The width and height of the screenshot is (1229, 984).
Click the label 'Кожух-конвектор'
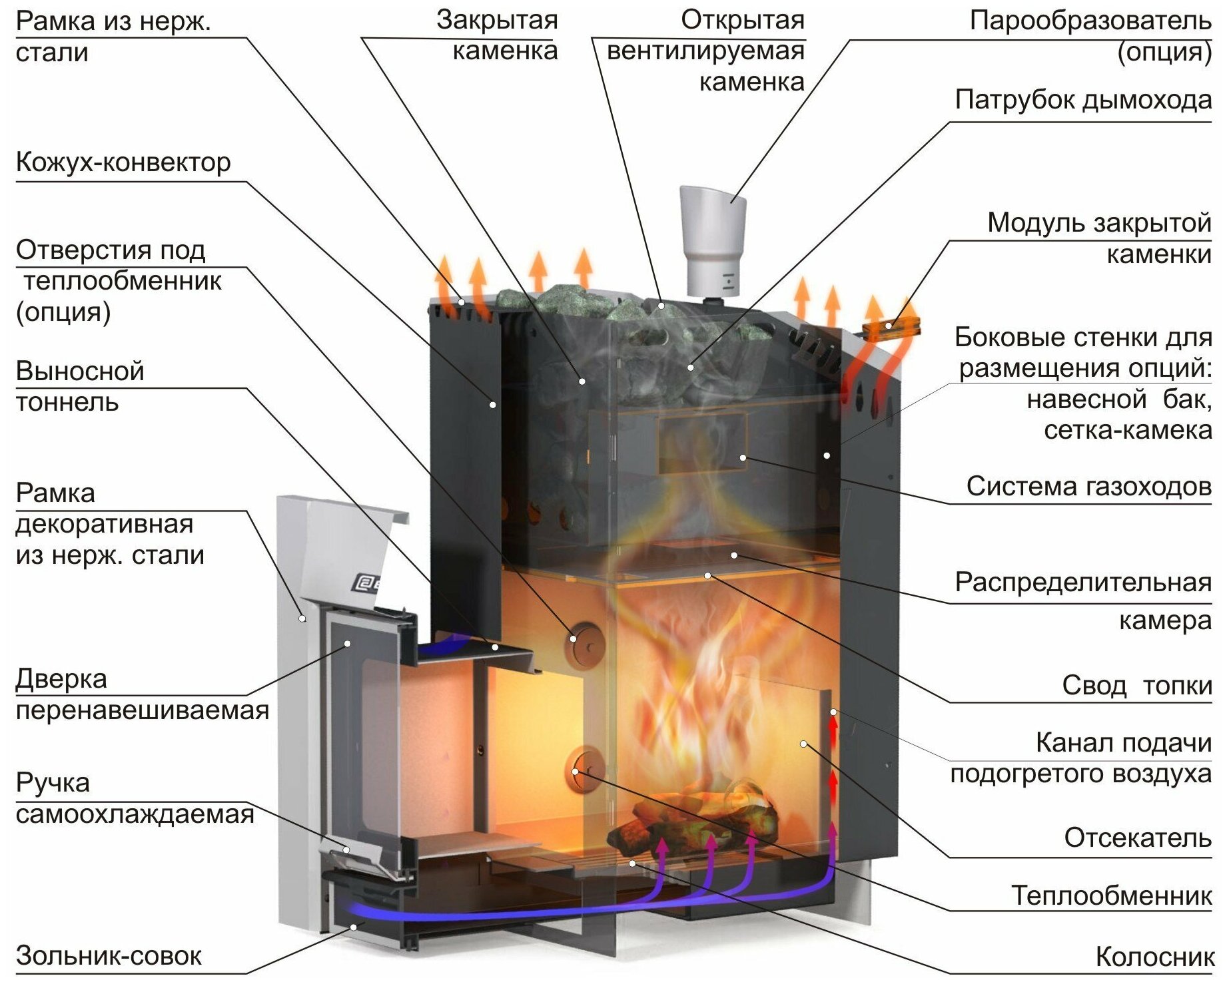(x=123, y=162)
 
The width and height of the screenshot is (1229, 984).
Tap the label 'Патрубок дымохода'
(x=1082, y=101)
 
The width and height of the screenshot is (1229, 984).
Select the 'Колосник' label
(x=1154, y=957)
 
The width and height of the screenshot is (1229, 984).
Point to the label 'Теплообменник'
(x=1111, y=895)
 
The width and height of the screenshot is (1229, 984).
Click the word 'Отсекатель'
(x=1137, y=838)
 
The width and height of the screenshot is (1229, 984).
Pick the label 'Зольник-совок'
(x=109, y=955)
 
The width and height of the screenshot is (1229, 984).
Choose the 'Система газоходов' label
(x=1088, y=487)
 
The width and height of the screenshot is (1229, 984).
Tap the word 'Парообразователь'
(x=1090, y=21)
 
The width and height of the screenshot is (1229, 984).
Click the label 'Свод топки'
(x=1136, y=685)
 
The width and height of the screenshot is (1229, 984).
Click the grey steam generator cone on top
(x=712, y=240)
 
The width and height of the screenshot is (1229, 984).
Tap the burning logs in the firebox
(x=699, y=819)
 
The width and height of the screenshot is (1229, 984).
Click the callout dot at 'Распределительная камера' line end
(x=734, y=555)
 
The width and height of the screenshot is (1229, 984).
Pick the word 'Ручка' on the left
(x=53, y=783)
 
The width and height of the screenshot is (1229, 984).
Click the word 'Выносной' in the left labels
(x=80, y=371)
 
